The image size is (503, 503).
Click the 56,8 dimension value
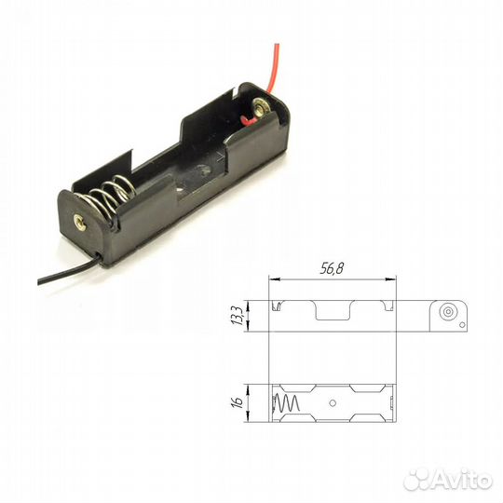click(332, 268)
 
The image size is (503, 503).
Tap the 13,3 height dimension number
click(238, 316)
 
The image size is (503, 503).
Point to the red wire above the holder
click(273, 67)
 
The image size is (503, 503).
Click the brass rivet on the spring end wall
click(79, 222)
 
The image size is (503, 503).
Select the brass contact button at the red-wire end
click(260, 108)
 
